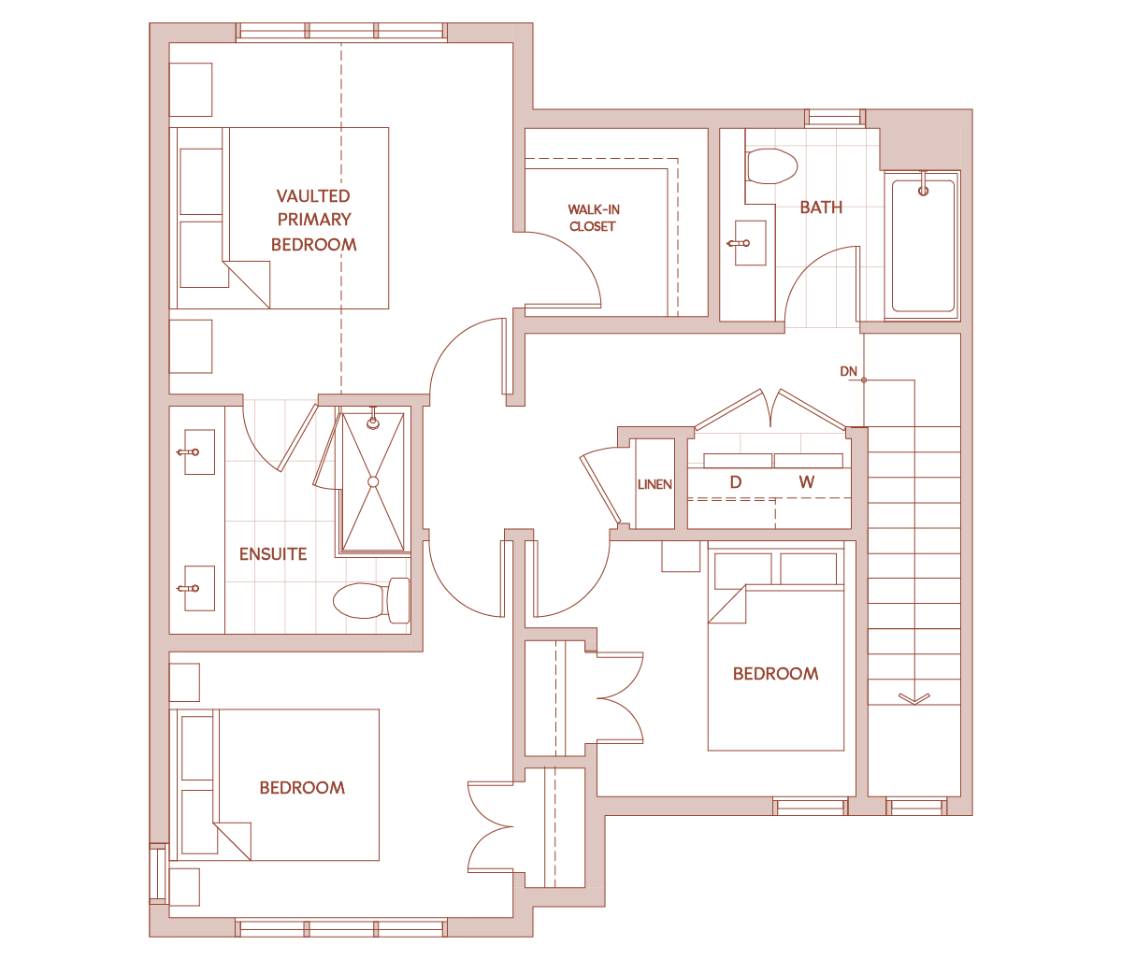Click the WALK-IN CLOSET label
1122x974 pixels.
594,218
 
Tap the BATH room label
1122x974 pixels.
821,208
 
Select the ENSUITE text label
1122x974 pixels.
273,554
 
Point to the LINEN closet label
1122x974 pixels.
654,484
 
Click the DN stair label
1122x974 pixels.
848,371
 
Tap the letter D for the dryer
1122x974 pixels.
736,481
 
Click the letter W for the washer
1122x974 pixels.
807,481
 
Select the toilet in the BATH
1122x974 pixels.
771,165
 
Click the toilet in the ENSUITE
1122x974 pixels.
371,600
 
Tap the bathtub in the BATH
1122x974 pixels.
923,246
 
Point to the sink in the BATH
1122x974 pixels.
750,243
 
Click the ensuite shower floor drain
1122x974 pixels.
373,481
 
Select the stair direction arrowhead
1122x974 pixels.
914,699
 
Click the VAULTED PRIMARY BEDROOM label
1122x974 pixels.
313,220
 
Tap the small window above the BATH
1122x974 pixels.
835,118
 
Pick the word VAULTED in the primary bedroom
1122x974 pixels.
313,195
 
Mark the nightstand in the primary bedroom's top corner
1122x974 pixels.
191,90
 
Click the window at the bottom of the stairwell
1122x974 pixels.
916,807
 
